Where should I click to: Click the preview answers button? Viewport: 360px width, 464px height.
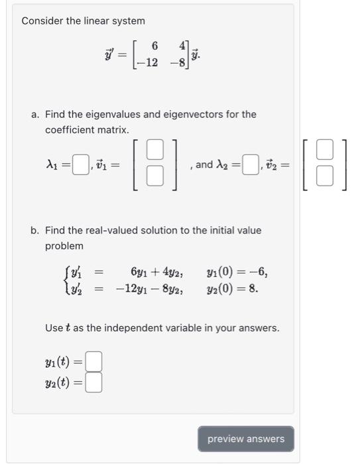coord(245,439)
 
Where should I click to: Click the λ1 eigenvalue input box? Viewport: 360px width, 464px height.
coord(80,162)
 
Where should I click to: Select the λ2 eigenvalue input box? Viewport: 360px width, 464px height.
coord(250,164)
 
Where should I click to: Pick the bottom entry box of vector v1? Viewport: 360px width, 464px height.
coord(154,175)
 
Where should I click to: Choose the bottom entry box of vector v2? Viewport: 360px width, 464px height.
coord(324,176)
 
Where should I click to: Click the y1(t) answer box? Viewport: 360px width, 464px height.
coord(94,362)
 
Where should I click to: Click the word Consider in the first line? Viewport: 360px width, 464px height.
coord(42,21)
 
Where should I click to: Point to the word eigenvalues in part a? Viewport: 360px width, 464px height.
coord(102,114)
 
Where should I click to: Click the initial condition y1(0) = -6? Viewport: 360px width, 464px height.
coord(237,272)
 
